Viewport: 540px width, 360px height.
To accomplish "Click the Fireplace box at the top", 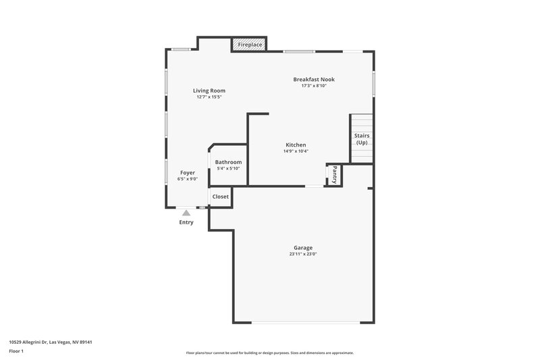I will tap(250, 45).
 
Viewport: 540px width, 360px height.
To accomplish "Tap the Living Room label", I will tap(209, 91).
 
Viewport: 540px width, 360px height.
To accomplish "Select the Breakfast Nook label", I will tap(313, 79).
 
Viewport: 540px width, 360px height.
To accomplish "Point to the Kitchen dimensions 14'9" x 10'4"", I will tap(296, 151).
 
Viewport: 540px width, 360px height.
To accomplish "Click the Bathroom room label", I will tap(228, 162).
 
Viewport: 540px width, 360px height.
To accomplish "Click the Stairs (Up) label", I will tap(362, 139).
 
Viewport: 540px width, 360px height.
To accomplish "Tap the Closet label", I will tap(221, 197).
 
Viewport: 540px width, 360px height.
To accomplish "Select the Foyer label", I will tap(187, 173).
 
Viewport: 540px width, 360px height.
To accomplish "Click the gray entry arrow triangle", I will tap(186, 213).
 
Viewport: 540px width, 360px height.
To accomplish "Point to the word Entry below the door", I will tap(186, 222).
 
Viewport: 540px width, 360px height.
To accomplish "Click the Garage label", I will tap(302, 247).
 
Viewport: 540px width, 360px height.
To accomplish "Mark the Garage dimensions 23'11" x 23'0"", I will tap(302, 254).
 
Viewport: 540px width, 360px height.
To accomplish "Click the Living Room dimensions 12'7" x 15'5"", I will tap(209, 97).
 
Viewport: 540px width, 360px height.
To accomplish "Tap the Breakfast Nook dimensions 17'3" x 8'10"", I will tap(313, 86).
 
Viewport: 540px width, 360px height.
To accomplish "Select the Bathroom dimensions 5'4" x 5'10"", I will tap(228, 169).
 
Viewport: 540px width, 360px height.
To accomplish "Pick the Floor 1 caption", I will tap(16, 351).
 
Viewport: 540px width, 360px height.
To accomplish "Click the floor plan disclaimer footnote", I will tap(269, 353).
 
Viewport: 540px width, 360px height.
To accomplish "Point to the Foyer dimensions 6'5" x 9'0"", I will tap(187, 180).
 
